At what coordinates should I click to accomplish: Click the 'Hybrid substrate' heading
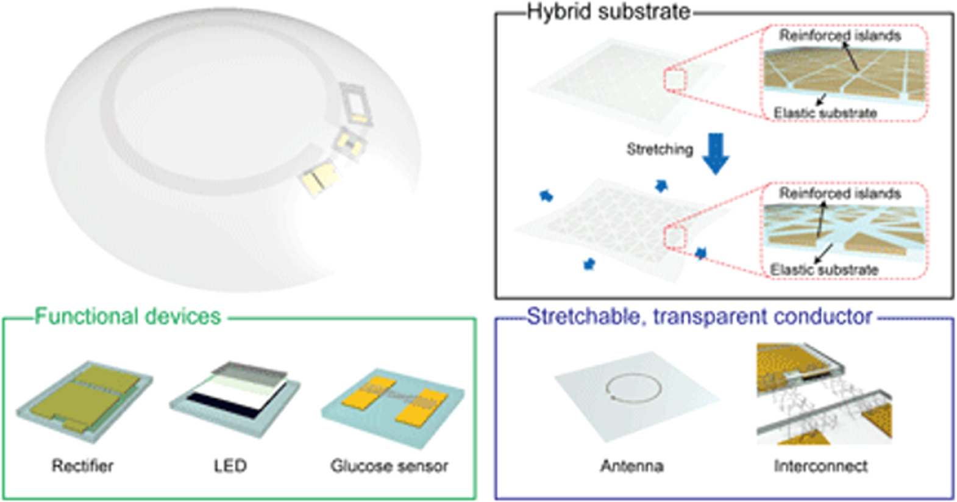609,12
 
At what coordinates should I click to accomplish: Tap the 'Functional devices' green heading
128,317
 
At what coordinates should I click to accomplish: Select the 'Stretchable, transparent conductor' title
699,317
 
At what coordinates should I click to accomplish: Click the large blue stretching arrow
716,154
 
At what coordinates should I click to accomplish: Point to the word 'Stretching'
660,149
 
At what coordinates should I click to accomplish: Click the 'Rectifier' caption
82,465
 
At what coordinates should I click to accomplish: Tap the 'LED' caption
230,465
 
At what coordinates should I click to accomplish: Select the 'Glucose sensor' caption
390,465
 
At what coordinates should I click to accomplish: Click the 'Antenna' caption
632,465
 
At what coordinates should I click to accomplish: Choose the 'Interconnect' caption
820,465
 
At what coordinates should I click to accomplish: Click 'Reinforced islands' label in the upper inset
840,35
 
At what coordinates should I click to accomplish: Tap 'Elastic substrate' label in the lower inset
824,270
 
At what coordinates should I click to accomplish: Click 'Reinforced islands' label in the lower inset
840,194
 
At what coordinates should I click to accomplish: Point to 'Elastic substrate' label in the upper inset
825,113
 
